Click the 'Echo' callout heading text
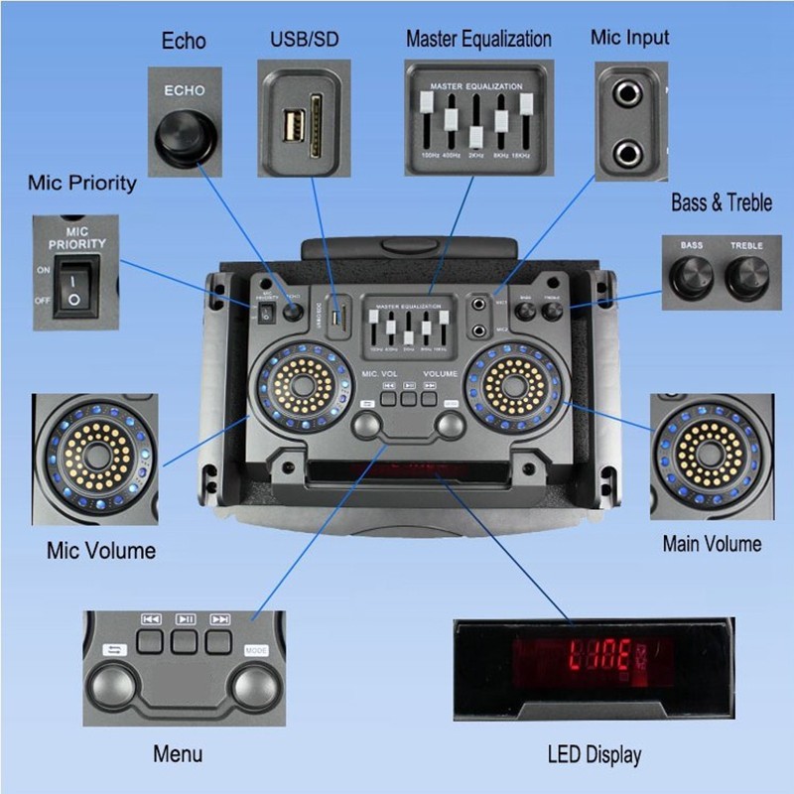click(x=184, y=41)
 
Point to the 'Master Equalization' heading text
click(x=478, y=40)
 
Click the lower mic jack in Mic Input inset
click(x=628, y=153)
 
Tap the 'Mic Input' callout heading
click(x=629, y=38)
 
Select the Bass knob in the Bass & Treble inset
click(x=692, y=275)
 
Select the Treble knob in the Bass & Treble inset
click(x=747, y=275)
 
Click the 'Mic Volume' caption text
click(x=100, y=550)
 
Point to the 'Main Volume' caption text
click(x=712, y=543)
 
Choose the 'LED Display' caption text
click(x=594, y=754)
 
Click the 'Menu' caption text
click(x=178, y=754)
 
